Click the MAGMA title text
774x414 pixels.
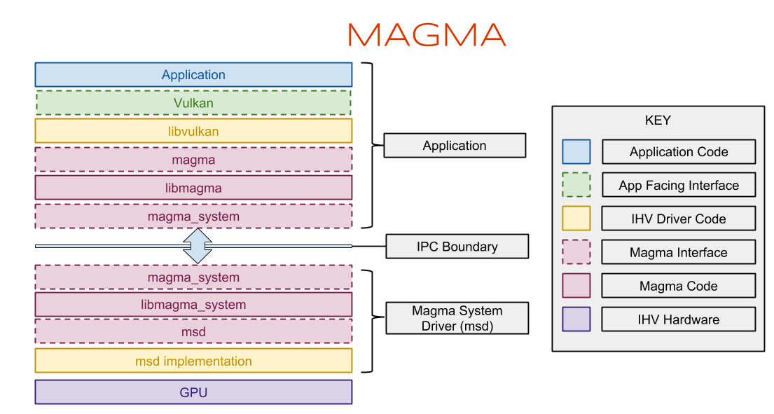point(426,35)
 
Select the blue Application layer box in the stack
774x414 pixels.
point(193,75)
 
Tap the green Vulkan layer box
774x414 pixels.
point(193,103)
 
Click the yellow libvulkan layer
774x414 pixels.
point(193,131)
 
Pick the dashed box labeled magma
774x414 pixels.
point(193,160)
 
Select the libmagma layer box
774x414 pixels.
point(193,188)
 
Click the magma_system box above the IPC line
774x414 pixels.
point(193,216)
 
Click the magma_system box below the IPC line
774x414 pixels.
point(193,277)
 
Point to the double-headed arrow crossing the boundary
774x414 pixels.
point(198,246)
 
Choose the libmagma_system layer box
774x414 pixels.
point(193,305)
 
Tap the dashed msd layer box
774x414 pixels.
point(193,332)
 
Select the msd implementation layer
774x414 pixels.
point(193,361)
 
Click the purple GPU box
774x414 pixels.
point(193,392)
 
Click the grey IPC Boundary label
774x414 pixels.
point(457,247)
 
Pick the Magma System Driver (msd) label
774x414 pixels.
point(457,318)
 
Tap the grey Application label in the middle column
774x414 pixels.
point(455,146)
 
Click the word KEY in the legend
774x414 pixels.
point(658,120)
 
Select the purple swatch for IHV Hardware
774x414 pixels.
point(576,319)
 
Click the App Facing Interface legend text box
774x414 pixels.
point(679,186)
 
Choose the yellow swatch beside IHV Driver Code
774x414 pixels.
point(576,219)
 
